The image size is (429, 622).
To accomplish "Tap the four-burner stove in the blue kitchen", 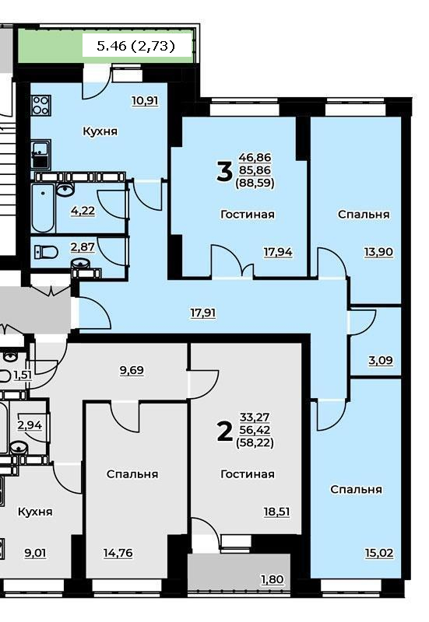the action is coord(41,105).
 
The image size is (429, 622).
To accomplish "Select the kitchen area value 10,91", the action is coord(145,101).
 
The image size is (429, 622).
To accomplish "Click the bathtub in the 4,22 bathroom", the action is coord(43,208).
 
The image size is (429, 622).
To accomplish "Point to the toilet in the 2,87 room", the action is coord(46,251).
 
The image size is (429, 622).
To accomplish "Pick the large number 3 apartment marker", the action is coord(224,172).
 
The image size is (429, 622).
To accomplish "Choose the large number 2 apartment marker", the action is coord(225,432).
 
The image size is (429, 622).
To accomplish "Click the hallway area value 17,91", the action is coord(203,313).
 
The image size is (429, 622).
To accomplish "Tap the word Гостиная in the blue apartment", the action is coord(248,215).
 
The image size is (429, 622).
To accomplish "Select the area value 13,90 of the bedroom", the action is coord(378,252).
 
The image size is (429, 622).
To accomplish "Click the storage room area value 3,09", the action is coord(381,361).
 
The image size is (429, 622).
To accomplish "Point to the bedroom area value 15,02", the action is coord(379,553).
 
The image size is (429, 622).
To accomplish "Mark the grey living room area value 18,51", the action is coord(277,512).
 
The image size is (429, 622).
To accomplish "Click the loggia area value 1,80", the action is coord(272,579).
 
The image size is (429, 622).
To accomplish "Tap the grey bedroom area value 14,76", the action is coord(118,553).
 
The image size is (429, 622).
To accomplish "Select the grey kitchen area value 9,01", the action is coord(35,553).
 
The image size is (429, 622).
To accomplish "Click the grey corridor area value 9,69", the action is coord(132,371).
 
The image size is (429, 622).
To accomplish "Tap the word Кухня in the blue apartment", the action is coord(100,131).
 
